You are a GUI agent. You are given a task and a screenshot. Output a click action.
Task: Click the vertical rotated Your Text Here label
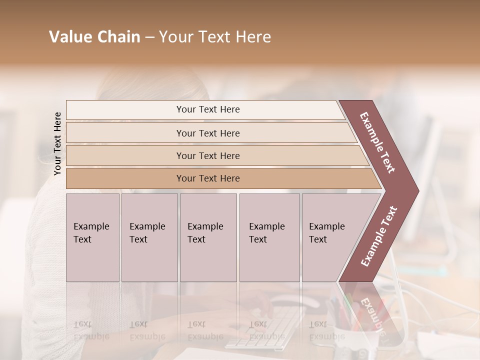(x=57, y=143)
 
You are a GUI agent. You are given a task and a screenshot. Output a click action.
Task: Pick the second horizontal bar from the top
(x=208, y=133)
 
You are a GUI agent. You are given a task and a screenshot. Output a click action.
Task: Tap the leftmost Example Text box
(x=92, y=237)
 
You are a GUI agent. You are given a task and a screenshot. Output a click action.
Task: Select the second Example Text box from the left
(x=149, y=237)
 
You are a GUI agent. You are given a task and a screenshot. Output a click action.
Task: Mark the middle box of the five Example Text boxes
(x=208, y=237)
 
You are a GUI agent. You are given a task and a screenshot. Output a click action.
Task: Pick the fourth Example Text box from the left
(x=269, y=237)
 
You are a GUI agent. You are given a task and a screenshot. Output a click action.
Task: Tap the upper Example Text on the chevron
(x=377, y=142)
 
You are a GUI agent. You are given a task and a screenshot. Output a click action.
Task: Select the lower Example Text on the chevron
(x=379, y=236)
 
